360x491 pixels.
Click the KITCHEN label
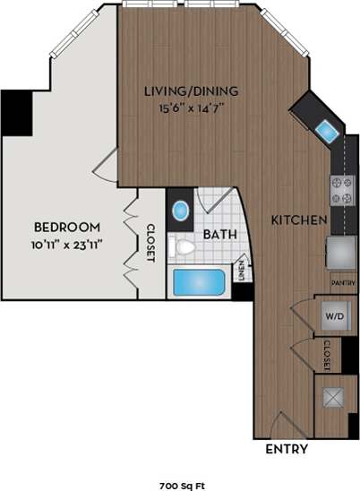(297, 219)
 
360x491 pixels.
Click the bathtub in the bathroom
(198, 283)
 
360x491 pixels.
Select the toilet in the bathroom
(184, 246)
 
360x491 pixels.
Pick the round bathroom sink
(180, 211)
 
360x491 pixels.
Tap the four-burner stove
(342, 190)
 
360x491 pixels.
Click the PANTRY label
(343, 282)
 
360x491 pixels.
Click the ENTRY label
(287, 449)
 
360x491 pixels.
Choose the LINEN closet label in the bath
(241, 269)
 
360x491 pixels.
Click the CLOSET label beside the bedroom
(150, 242)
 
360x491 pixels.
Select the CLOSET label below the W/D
(328, 355)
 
